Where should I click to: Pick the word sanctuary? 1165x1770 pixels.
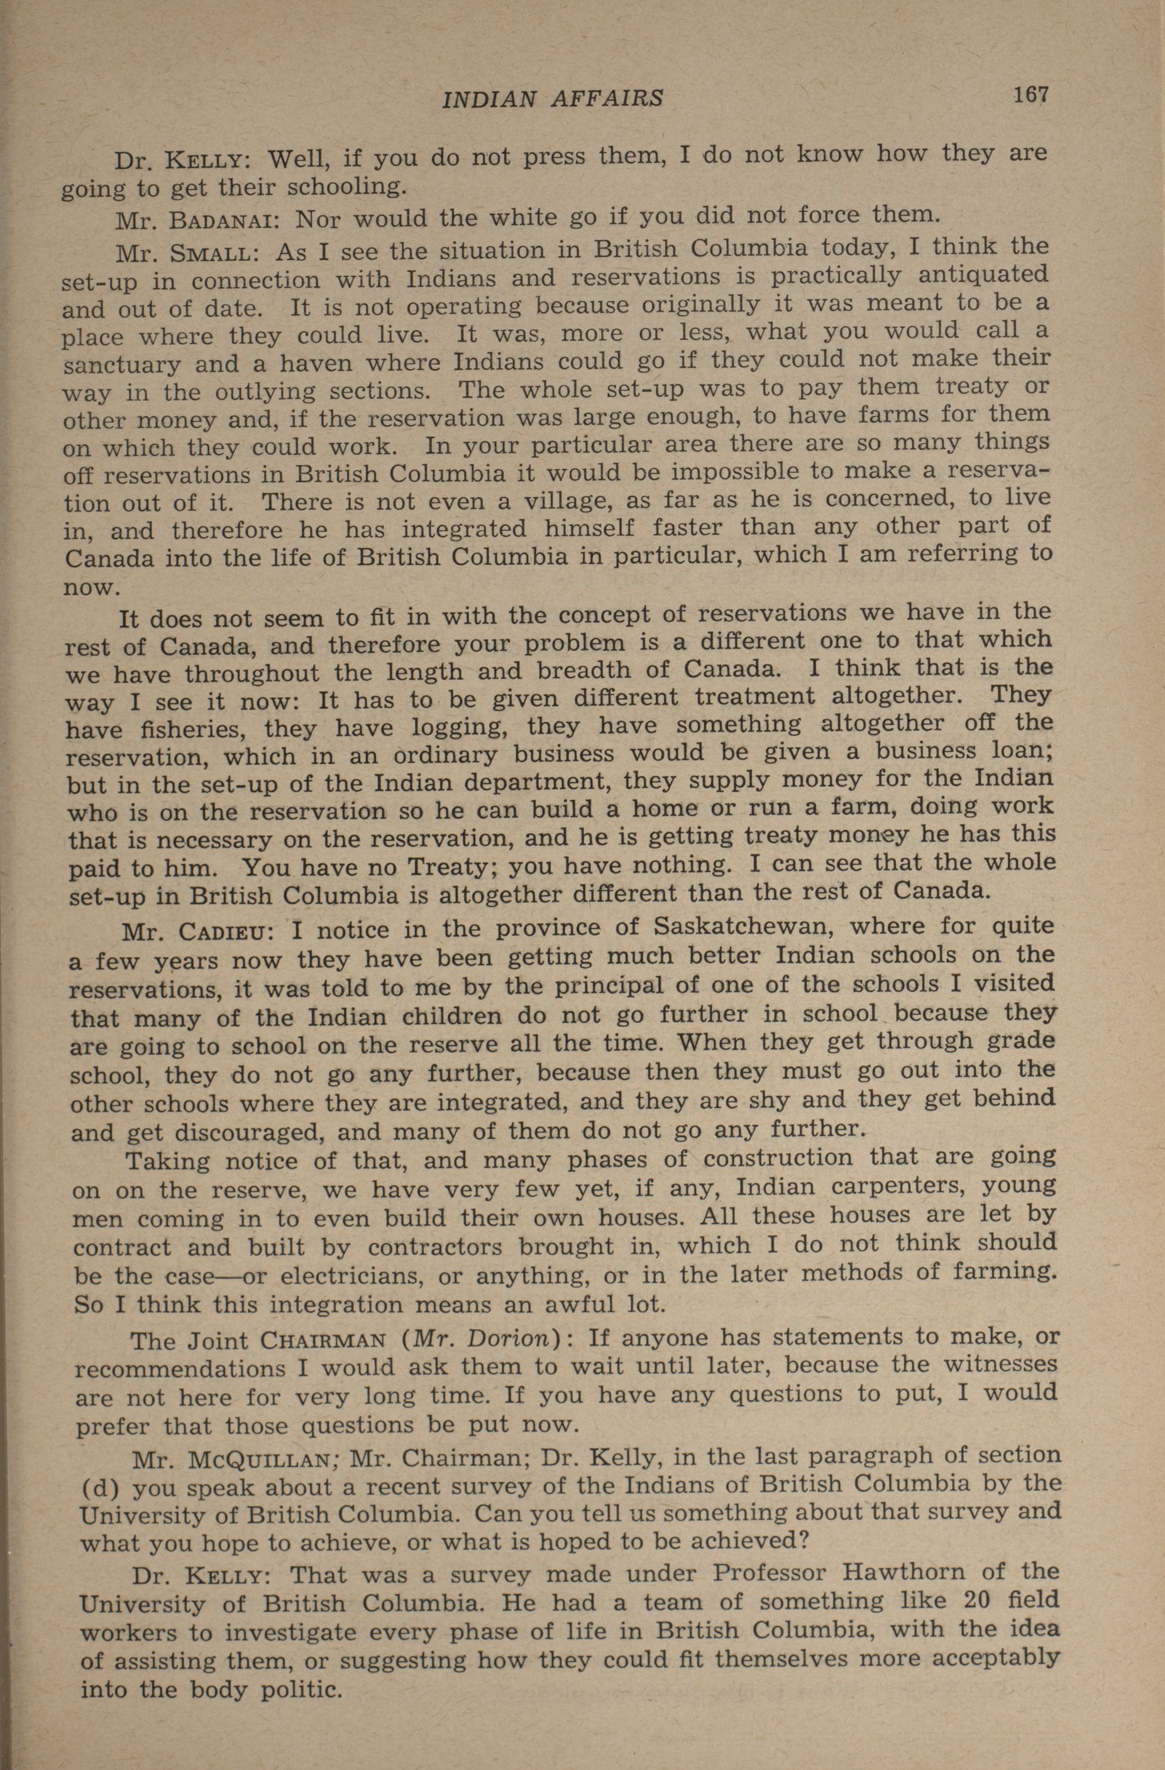[121, 365]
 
